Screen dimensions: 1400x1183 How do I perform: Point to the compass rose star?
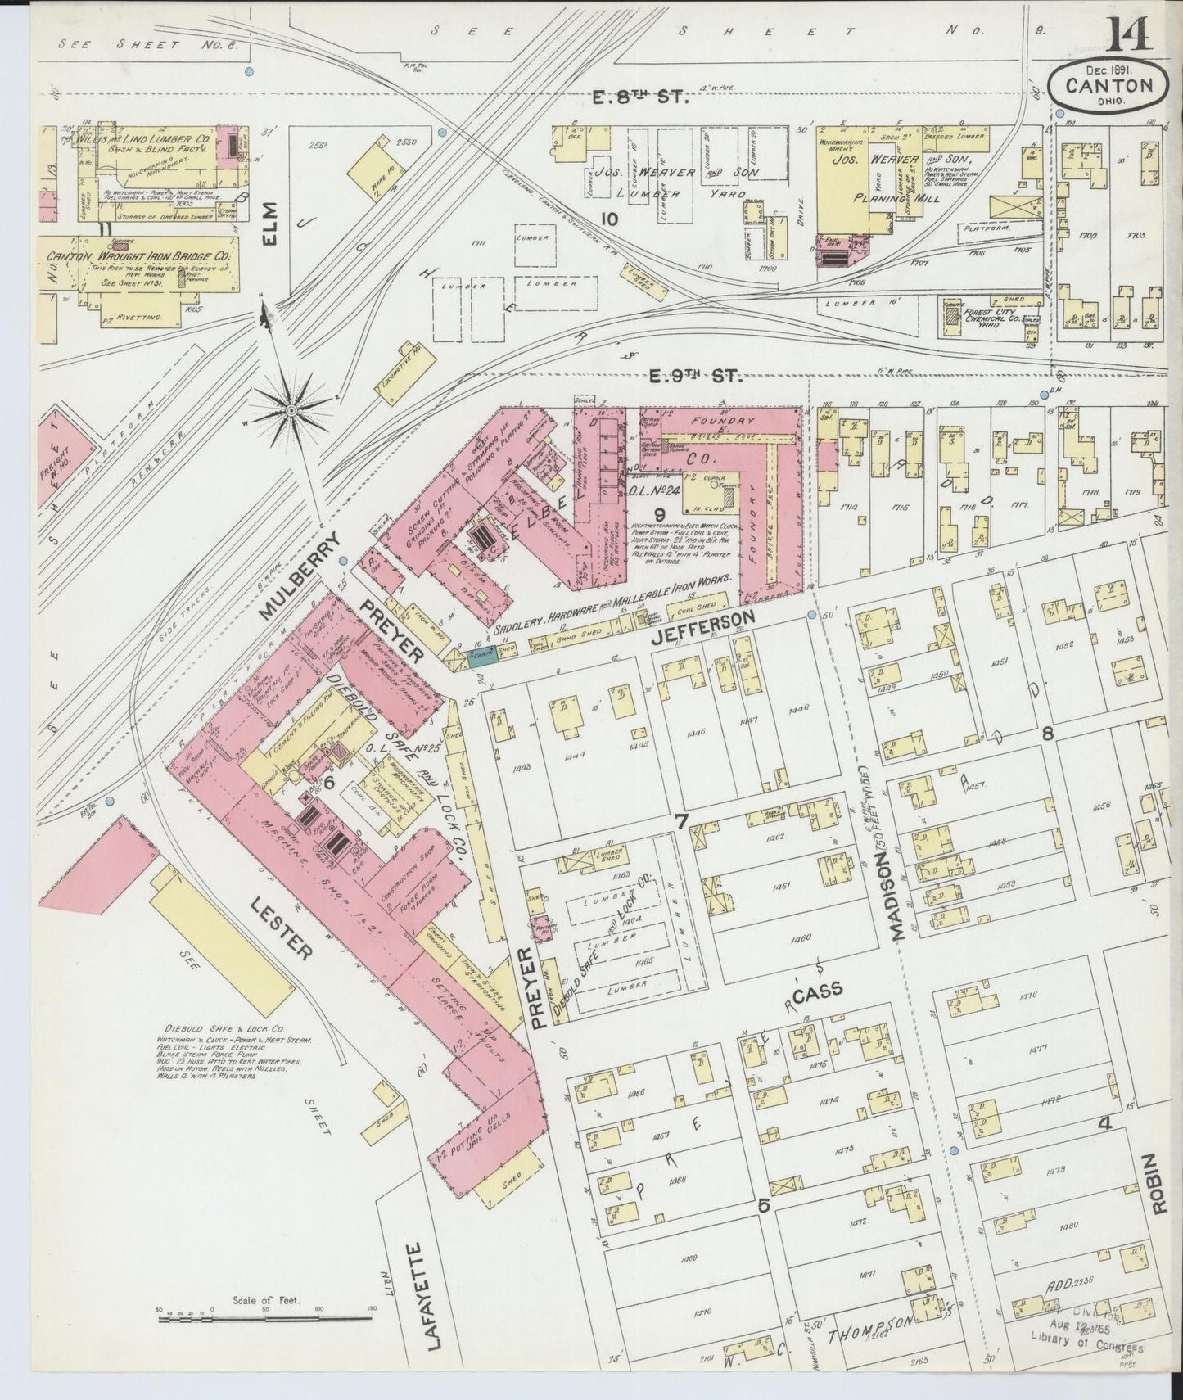[x=291, y=409]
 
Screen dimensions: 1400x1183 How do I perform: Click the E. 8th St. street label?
[x=641, y=98]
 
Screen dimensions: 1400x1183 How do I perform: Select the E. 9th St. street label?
[x=695, y=376]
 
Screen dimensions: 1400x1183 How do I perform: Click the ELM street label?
[x=270, y=223]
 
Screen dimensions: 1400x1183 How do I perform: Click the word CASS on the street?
[x=817, y=992]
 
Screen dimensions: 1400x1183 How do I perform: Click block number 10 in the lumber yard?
[x=607, y=219]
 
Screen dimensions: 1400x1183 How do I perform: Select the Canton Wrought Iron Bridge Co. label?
[x=139, y=256]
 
